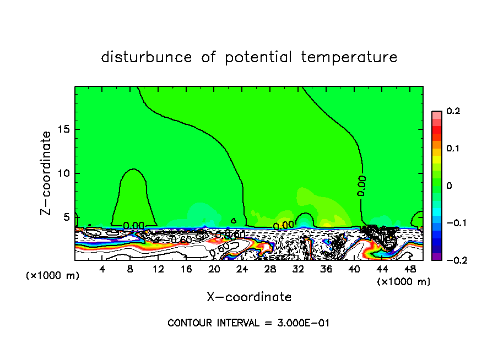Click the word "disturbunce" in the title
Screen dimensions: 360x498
[147, 57]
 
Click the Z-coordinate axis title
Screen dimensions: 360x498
[47, 173]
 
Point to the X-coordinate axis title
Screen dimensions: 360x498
[249, 297]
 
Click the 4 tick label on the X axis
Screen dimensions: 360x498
[102, 269]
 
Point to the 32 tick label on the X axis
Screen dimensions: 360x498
[298, 269]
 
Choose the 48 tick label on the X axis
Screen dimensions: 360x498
[409, 269]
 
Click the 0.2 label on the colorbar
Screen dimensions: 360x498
[453, 111]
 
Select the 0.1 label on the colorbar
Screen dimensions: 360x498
[453, 149]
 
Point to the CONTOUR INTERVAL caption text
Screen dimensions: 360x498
[248, 323]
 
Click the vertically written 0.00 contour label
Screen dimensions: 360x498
[361, 186]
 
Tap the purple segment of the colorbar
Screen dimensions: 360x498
[437, 256]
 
